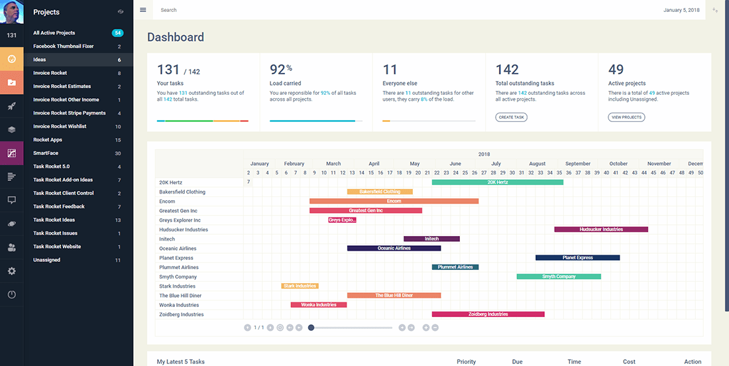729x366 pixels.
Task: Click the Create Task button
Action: tap(512, 117)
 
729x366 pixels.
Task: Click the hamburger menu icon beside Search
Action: tap(143, 10)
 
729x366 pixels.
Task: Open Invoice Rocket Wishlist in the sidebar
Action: tap(60, 126)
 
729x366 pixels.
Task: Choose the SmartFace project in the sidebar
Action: tap(46, 153)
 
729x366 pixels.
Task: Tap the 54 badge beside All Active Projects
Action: tap(118, 32)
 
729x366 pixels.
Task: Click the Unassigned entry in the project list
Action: tap(47, 260)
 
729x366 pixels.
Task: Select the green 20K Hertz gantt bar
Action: tap(497, 182)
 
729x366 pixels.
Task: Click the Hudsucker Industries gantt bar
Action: tap(601, 229)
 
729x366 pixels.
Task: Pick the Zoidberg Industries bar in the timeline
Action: tap(488, 314)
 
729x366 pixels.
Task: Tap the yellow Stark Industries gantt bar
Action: tap(300, 286)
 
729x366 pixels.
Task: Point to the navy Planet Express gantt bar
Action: tap(577, 258)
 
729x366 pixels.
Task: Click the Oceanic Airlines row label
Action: tap(178, 249)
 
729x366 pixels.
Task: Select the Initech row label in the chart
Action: tap(167, 239)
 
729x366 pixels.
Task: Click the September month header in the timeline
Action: tap(578, 164)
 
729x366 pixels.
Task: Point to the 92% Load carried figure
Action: tap(281, 69)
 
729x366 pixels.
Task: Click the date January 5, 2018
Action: tap(681, 10)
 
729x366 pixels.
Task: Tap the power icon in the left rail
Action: tap(11, 294)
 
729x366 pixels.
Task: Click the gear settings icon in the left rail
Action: tap(11, 271)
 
